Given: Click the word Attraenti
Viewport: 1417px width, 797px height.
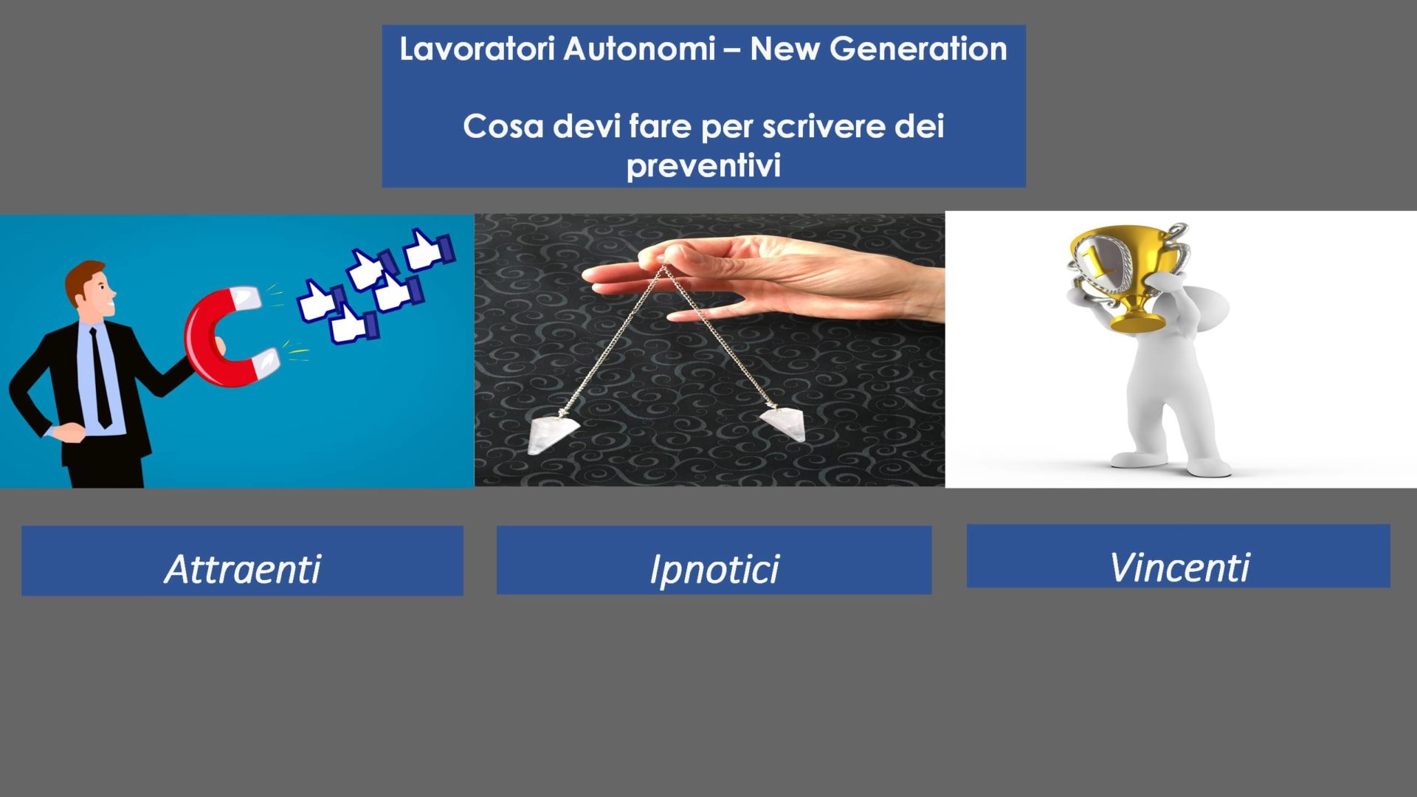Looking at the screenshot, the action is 243,569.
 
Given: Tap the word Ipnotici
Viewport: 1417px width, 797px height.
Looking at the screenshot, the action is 714,570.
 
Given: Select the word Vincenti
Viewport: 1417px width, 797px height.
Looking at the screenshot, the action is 1179,567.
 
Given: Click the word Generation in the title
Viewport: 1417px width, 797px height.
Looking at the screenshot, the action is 918,49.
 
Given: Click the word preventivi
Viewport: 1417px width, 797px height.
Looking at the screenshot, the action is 703,165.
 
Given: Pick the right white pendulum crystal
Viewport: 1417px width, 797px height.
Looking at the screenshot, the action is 783,424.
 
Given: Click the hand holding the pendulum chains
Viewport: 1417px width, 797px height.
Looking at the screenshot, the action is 760,280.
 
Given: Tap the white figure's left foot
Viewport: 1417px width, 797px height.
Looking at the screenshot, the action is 1133,459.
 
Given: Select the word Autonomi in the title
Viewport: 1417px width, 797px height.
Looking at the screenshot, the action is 639,49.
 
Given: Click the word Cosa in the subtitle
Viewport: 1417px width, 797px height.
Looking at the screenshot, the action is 503,126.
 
